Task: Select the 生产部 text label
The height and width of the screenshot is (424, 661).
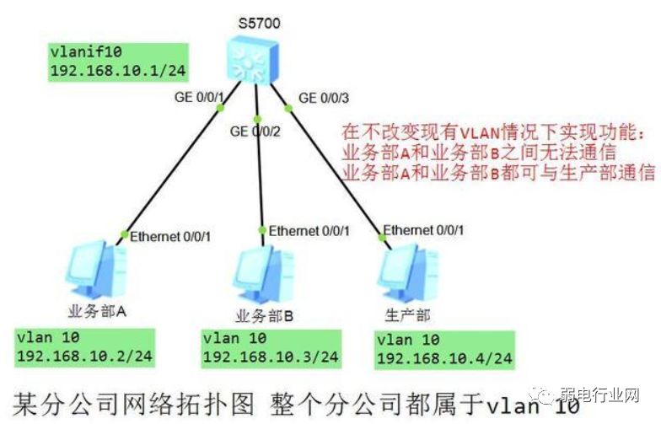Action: (x=408, y=314)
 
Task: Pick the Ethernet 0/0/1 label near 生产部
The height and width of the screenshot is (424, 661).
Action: (x=423, y=230)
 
